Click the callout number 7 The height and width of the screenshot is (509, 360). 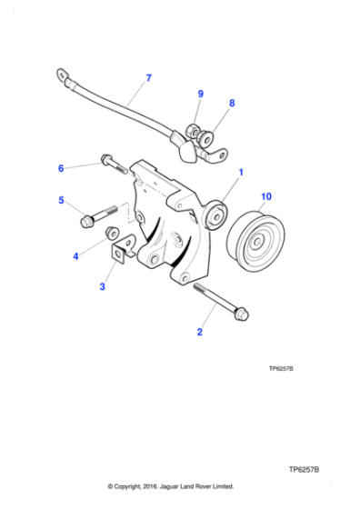click(x=148, y=77)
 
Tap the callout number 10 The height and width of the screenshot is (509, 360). click(x=266, y=196)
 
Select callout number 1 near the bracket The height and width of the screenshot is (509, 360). click(x=241, y=170)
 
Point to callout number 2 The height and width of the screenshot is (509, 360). click(x=199, y=333)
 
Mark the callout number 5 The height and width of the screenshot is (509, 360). click(x=61, y=201)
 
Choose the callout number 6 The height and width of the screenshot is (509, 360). click(x=61, y=168)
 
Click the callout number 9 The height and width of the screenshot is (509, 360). click(x=201, y=94)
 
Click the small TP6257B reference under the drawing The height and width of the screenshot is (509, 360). click(x=286, y=370)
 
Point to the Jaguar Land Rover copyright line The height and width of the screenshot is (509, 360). click(x=171, y=486)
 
